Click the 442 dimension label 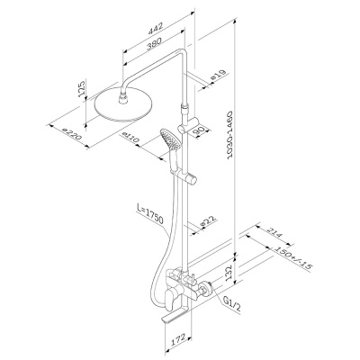pos(156,27)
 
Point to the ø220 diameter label pos(71,134)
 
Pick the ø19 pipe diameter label pos(218,76)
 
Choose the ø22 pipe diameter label pos(207,221)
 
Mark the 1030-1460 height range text pos(230,135)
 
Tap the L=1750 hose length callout pos(149,213)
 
